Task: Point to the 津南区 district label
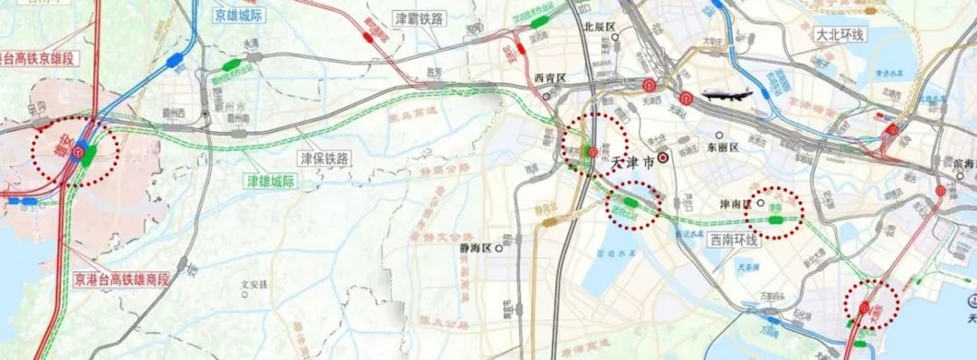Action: [x=735, y=204]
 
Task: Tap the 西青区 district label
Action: [x=550, y=78]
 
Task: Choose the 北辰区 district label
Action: [x=600, y=28]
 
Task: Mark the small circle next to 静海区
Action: [x=498, y=247]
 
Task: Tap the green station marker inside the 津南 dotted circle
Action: [x=776, y=218]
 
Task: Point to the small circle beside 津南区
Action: [x=761, y=204]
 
